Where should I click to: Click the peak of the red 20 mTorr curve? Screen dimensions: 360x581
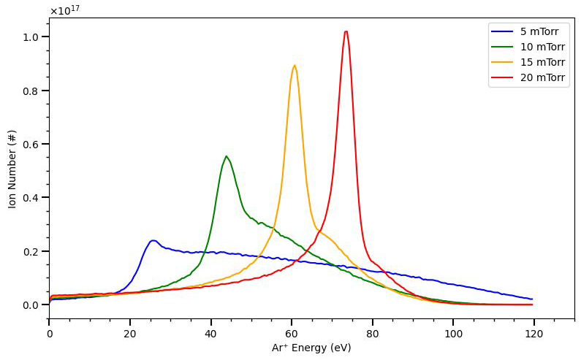coord(346,31)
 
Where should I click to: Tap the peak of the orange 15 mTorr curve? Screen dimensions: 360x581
coord(295,66)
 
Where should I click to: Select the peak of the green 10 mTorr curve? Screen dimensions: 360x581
coord(227,156)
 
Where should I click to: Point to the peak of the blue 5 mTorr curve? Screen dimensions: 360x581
coord(153,240)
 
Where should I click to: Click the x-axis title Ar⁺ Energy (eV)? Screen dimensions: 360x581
coord(311,348)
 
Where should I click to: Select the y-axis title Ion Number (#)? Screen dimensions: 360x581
coord(12,169)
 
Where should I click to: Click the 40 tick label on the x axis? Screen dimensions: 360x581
coord(210,332)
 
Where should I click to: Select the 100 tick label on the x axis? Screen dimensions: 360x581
coord(452,332)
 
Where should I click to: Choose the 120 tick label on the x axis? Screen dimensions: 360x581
coord(533,332)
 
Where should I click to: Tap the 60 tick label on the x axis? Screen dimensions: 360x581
coord(292,332)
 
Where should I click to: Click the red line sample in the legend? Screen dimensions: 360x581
coord(502,78)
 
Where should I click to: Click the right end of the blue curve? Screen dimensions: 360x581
coord(533,299)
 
